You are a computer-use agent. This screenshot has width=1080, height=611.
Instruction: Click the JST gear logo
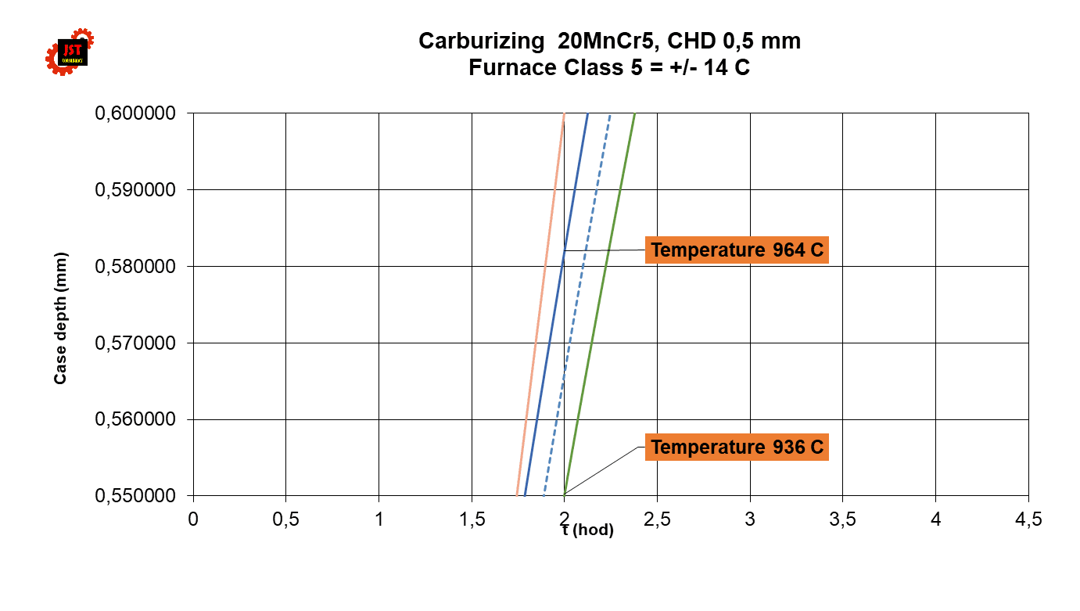click(x=70, y=52)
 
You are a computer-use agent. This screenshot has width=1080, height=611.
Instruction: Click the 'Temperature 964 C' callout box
click(x=737, y=250)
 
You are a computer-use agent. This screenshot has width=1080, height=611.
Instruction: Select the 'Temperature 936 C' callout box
click(x=737, y=447)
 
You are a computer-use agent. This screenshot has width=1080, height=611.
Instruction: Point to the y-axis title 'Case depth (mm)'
click(x=60, y=318)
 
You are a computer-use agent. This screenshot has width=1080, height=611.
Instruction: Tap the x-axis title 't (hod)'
click(x=588, y=530)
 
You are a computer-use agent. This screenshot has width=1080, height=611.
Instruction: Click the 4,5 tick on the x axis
click(x=1028, y=520)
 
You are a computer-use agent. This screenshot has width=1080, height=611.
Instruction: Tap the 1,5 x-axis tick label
click(x=472, y=520)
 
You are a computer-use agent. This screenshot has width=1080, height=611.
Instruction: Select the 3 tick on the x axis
click(x=750, y=520)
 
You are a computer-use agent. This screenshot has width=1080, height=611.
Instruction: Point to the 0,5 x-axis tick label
click(x=285, y=520)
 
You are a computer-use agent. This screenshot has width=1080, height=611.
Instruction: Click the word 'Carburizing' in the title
click(x=476, y=41)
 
